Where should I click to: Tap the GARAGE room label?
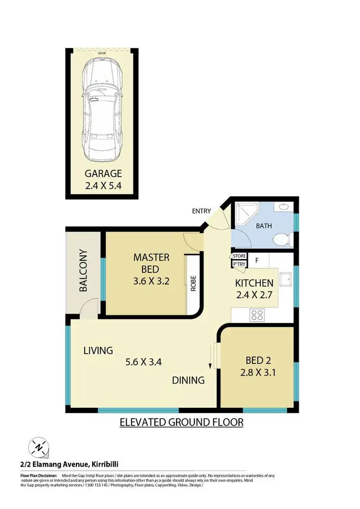(x=103, y=174)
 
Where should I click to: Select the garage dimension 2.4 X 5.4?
(x=103, y=186)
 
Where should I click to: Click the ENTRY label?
(x=201, y=211)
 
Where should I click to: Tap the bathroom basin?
(x=283, y=207)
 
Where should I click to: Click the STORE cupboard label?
(x=239, y=257)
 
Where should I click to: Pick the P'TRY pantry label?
(x=239, y=264)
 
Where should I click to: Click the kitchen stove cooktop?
(x=257, y=315)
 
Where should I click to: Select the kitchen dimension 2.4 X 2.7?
(x=254, y=295)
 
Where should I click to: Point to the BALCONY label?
(x=83, y=271)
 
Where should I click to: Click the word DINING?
(x=189, y=380)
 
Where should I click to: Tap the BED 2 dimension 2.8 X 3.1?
(x=258, y=372)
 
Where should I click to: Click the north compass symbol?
(x=37, y=448)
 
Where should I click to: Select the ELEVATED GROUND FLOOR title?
(x=181, y=422)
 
